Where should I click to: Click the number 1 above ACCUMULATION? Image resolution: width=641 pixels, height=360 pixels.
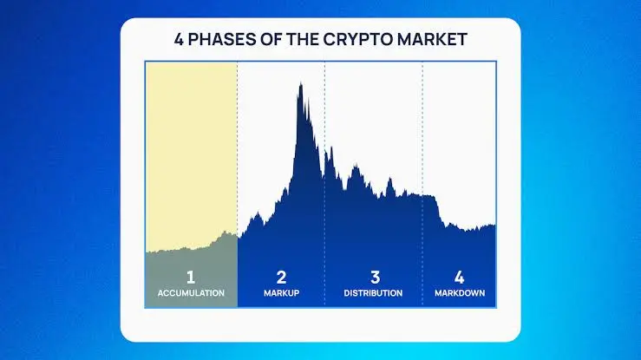click(191, 278)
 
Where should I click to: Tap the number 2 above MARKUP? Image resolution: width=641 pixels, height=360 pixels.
click(281, 278)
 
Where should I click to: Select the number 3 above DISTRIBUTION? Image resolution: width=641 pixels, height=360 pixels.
click(376, 278)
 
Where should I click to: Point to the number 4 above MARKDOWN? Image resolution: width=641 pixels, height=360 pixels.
click(459, 278)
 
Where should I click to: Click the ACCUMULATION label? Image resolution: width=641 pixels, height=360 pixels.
click(191, 293)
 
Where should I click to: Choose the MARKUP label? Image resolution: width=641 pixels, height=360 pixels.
click(281, 293)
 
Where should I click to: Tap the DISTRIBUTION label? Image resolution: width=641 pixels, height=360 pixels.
click(373, 293)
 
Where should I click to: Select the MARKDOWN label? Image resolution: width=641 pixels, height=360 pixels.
click(460, 293)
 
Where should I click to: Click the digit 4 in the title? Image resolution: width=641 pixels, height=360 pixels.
click(179, 40)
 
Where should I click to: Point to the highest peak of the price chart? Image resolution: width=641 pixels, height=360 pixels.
click(301, 83)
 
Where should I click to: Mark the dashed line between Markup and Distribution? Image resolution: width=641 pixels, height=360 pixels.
click(325, 184)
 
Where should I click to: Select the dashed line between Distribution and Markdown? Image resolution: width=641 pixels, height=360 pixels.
click(422, 184)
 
